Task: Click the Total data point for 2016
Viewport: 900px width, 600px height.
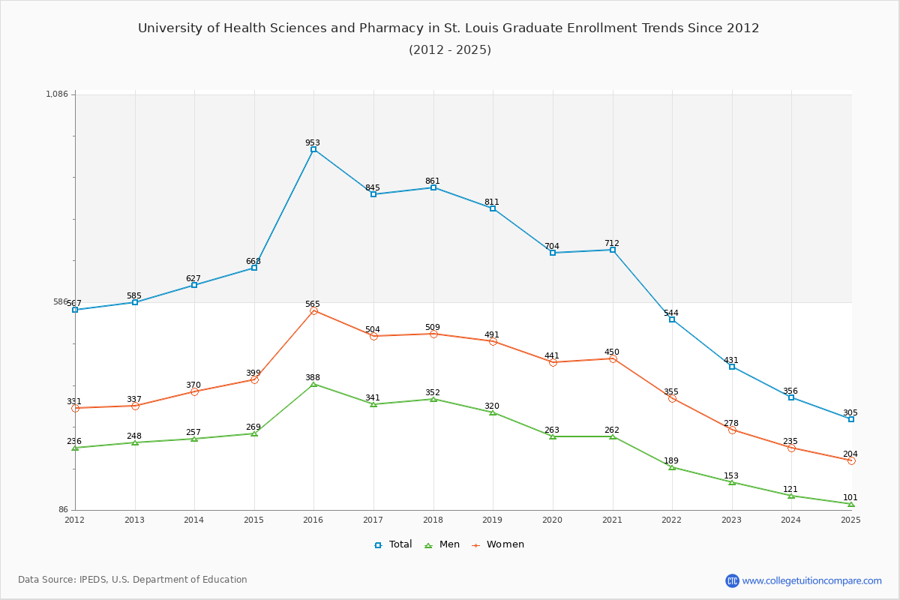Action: tap(313, 149)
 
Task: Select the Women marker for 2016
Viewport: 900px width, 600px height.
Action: tap(313, 310)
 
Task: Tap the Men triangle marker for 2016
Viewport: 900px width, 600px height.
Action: tap(313, 384)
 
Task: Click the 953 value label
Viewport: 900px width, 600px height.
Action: tap(313, 142)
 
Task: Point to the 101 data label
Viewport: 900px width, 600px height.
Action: tap(850, 497)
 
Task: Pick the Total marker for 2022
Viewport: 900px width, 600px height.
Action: tap(672, 319)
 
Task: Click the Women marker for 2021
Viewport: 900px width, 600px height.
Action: tap(613, 358)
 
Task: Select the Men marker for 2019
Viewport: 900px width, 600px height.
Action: tap(493, 412)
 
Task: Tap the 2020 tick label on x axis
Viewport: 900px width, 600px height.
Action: tap(552, 519)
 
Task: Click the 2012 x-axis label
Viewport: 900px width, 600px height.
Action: tap(75, 519)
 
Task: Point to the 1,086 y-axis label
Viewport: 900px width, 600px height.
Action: tap(57, 94)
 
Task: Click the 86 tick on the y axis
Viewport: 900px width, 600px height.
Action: tap(63, 510)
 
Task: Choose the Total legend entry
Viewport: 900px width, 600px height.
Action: tap(394, 544)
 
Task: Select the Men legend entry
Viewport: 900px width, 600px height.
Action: tap(443, 544)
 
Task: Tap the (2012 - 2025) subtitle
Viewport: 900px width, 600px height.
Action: tap(450, 50)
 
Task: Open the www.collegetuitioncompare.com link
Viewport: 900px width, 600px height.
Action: tap(811, 580)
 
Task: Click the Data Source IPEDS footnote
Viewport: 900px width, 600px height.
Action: tap(133, 580)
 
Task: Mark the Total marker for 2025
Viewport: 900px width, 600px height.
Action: tap(851, 419)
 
